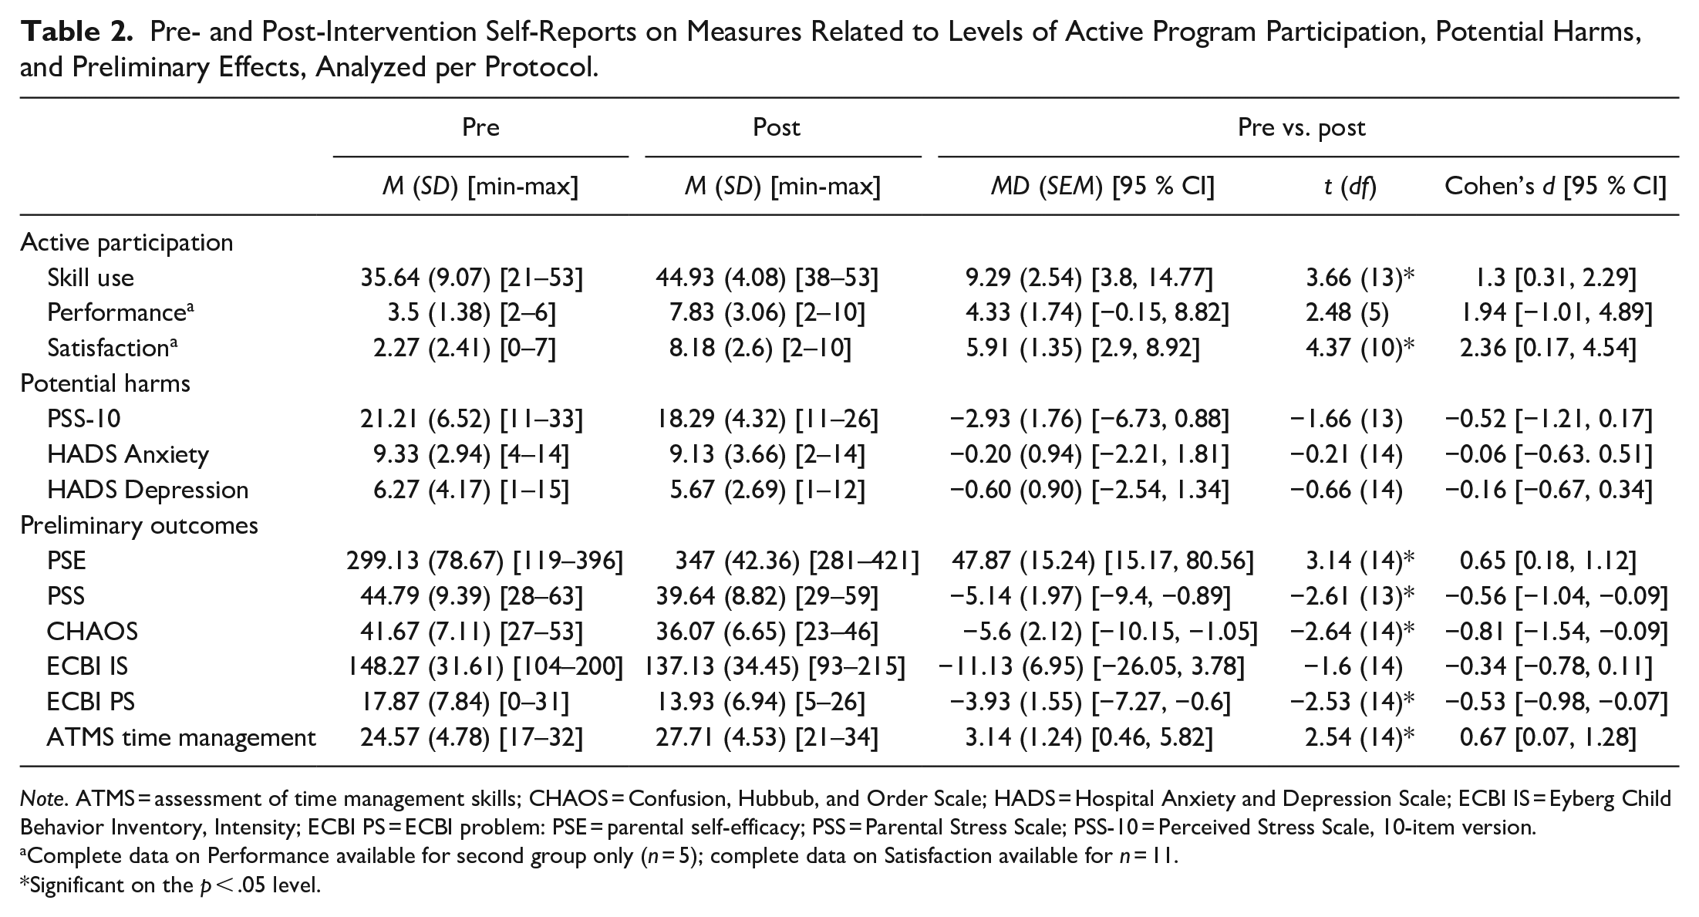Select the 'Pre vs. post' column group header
[x=1301, y=127]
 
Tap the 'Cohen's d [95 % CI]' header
[x=1555, y=186]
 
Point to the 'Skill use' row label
[x=90, y=278]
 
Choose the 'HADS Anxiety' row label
[x=128, y=454]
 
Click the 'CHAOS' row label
[x=93, y=632]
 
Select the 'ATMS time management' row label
[x=181, y=738]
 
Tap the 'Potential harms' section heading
[x=105, y=383]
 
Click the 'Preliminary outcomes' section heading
[x=139, y=525]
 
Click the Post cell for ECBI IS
[x=775, y=667]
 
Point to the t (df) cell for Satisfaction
[x=1360, y=348]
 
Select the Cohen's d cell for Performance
[x=1552, y=312]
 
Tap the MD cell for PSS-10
[x=1089, y=419]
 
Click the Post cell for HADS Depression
[x=767, y=490]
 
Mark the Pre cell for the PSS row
[x=471, y=596]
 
